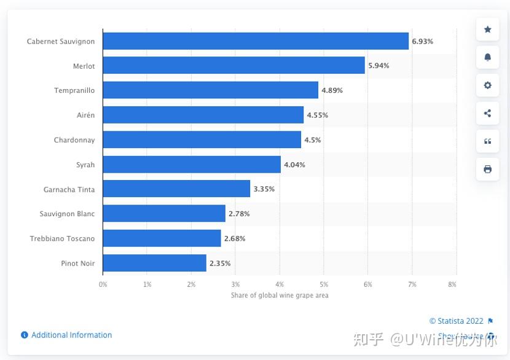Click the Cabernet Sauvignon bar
click(x=256, y=41)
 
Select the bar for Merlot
click(x=233, y=65)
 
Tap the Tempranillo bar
click(x=210, y=90)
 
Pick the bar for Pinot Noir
click(x=154, y=264)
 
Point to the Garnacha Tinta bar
click(x=176, y=189)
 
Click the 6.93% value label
click(x=423, y=41)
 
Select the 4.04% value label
click(x=294, y=165)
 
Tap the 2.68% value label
click(x=234, y=238)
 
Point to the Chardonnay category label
click(x=74, y=140)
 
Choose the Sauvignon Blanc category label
click(x=69, y=214)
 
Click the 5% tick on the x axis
click(x=324, y=284)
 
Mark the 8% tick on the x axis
click(x=452, y=284)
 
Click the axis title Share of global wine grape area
click(x=280, y=295)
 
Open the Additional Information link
click(x=71, y=335)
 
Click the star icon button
click(x=488, y=29)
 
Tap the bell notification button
click(x=488, y=57)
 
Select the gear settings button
click(x=488, y=85)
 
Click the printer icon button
click(x=488, y=169)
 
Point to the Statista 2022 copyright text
click(x=456, y=321)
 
